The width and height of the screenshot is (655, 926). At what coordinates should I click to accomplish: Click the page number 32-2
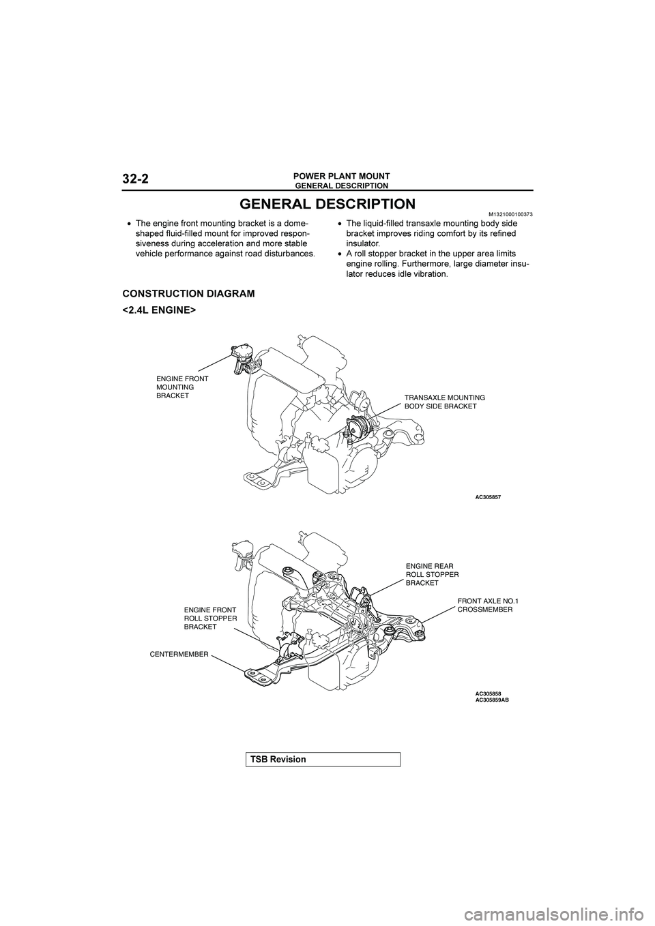coord(136,179)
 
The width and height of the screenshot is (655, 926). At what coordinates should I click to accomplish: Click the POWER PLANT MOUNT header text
coord(342,176)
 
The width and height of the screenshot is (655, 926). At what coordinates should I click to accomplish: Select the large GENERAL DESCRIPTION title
coord(327,204)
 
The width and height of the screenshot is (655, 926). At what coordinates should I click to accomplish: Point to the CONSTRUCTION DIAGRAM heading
coord(188,294)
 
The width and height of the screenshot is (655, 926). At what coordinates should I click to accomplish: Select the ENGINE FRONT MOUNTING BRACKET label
coord(182,387)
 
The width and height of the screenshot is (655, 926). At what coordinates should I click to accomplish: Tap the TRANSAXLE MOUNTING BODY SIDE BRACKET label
coord(444,401)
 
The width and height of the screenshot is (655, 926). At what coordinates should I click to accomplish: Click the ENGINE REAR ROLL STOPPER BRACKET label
coord(432,574)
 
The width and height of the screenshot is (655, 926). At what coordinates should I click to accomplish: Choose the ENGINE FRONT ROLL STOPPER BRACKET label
coord(210,618)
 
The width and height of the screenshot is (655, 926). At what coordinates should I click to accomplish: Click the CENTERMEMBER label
coord(179,653)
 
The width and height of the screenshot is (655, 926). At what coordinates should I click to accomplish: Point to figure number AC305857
coord(488,497)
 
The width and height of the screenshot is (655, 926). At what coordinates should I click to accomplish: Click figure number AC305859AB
coord(492,699)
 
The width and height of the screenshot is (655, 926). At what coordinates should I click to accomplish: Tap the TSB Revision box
coord(323,759)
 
